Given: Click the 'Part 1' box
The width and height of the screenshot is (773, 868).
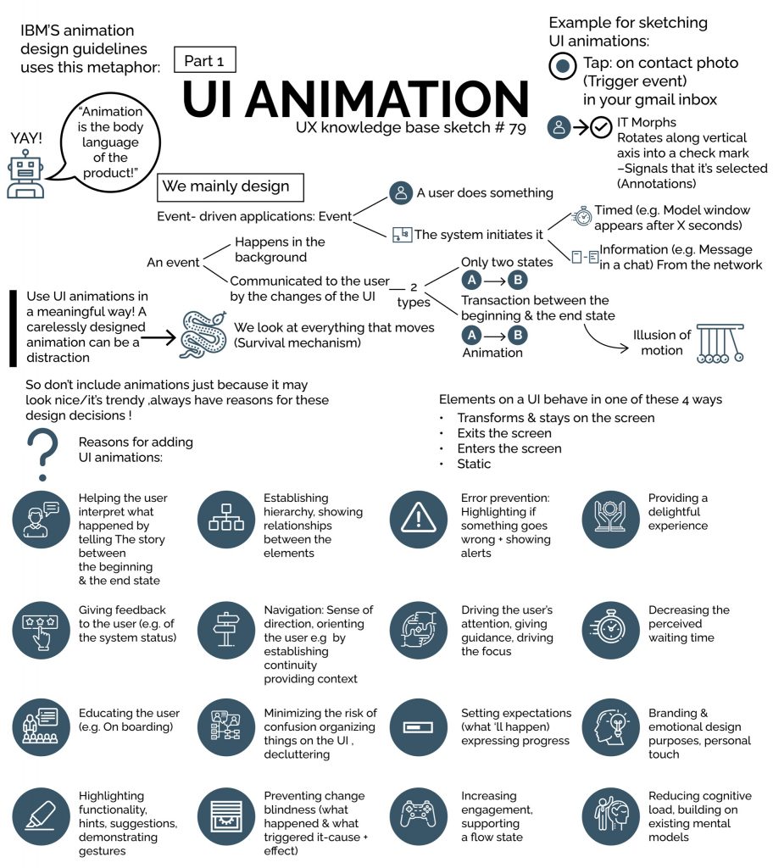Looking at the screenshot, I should (x=204, y=60).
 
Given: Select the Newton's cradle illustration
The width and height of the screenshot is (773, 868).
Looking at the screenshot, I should (x=720, y=342).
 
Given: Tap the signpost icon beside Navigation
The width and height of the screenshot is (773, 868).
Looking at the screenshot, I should (x=225, y=631).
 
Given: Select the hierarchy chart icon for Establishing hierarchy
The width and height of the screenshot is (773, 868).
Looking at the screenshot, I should (x=225, y=520).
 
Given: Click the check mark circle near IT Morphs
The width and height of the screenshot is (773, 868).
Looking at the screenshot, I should (x=601, y=127).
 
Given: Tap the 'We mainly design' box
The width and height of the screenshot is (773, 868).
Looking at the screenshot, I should (x=231, y=186).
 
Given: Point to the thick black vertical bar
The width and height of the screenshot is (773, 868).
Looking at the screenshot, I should (x=13, y=328).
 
